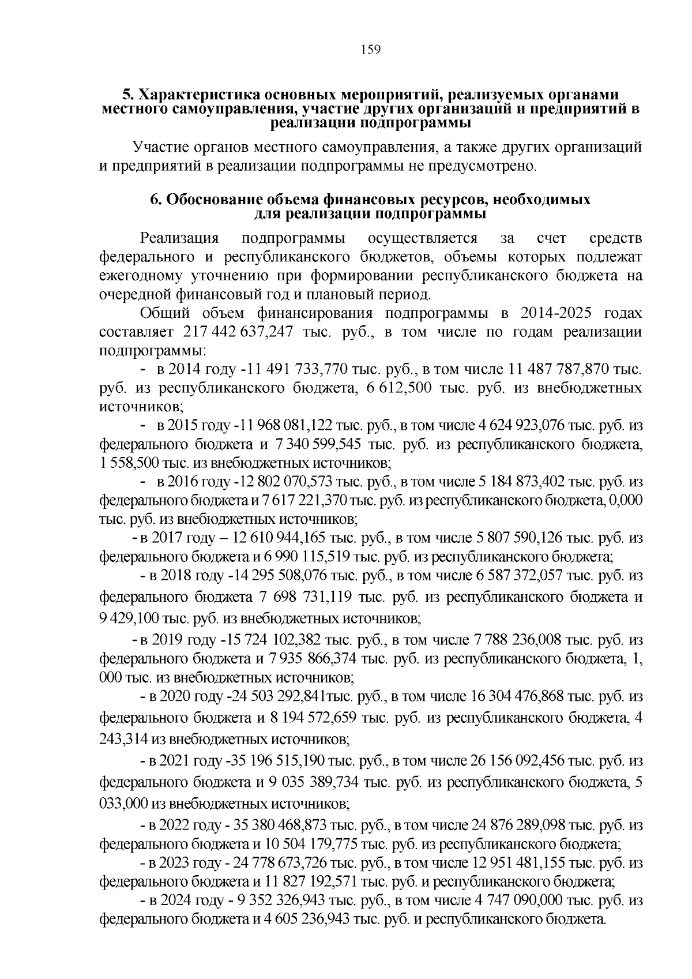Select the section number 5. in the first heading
click(128, 95)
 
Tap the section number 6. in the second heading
click(155, 200)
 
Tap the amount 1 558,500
click(129, 463)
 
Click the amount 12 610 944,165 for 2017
click(279, 538)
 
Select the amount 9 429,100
click(129, 618)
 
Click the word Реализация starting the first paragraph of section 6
click(180, 238)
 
